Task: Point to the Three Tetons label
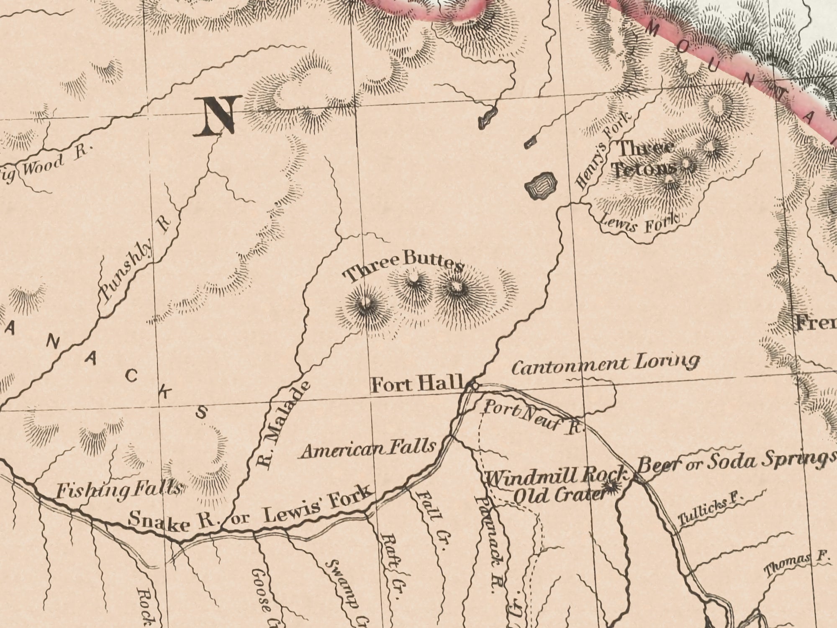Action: [644, 158]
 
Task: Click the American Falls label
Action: [368, 450]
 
